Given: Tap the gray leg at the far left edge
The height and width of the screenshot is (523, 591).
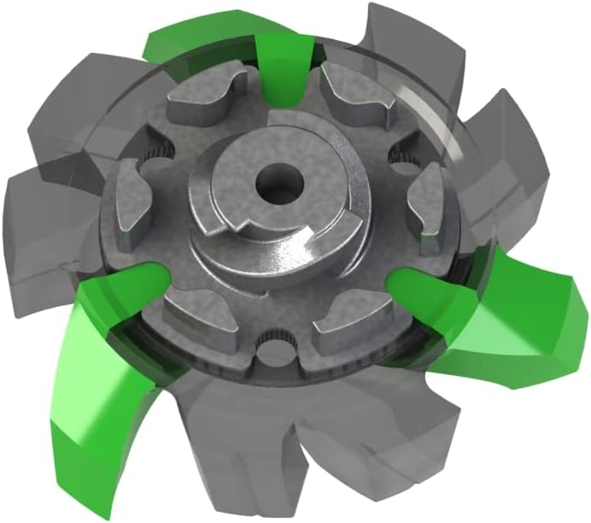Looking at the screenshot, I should pos(34,214).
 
